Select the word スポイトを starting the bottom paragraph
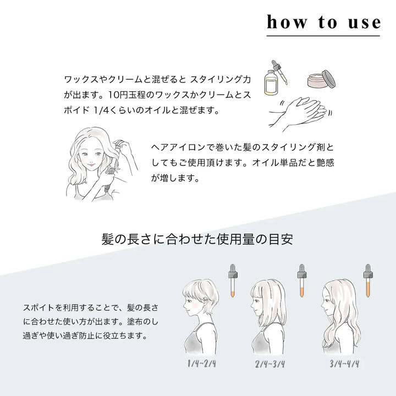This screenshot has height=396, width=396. [41, 306]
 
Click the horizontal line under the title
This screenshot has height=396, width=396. [323, 36]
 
